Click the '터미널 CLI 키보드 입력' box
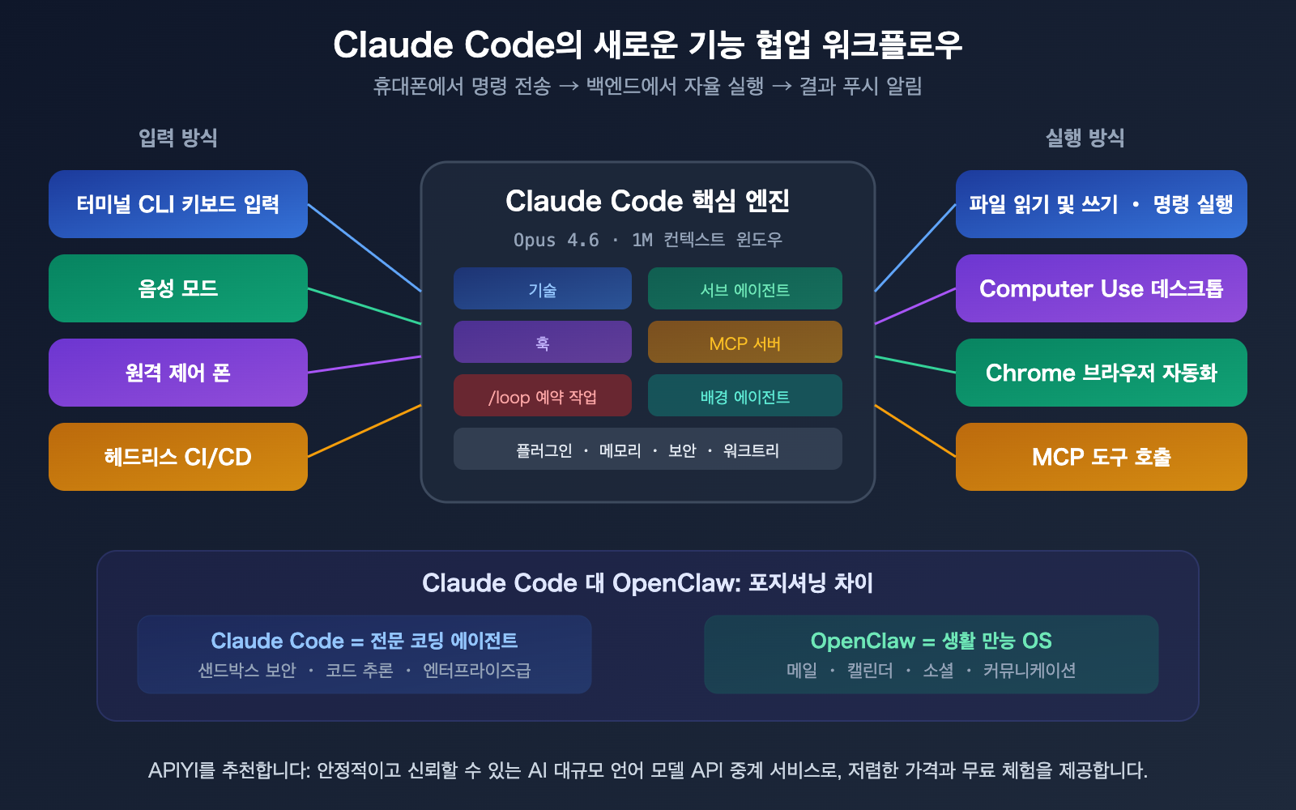(178, 204)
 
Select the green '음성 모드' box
(178, 288)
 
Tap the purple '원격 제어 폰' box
(178, 373)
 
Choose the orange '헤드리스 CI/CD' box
(178, 457)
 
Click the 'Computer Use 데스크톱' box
(1101, 288)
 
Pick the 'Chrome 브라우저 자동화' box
(1101, 373)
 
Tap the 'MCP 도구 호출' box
(1101, 457)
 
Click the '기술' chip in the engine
(542, 289)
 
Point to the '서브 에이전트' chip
(744, 289)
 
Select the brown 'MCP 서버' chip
(744, 343)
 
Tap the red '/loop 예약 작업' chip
(542, 396)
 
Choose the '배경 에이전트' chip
(744, 396)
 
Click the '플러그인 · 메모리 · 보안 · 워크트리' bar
(647, 450)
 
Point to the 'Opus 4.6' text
(556, 240)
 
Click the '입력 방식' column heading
(178, 138)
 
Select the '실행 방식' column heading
(1085, 138)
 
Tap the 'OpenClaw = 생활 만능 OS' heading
(931, 641)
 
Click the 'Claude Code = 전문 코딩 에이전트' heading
(364, 641)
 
